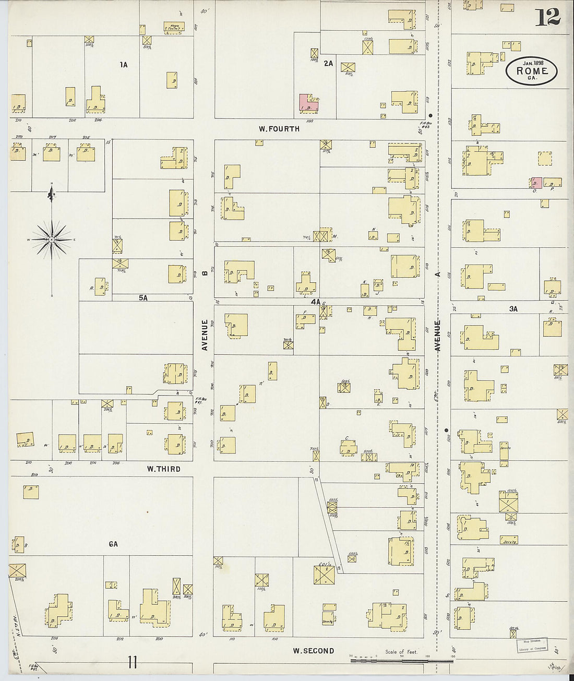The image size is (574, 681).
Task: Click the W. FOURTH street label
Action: coord(279,128)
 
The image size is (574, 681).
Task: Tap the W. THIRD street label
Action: coord(163,469)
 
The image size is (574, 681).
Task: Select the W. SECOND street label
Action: coord(313,650)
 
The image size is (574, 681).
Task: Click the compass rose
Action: coord(52,239)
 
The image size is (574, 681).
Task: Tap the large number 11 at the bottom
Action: coord(132,662)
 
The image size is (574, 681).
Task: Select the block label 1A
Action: coord(123,65)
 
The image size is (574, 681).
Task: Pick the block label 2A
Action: coord(328,63)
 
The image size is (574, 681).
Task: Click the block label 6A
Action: coord(113,544)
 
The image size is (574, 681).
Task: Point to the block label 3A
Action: coord(513,309)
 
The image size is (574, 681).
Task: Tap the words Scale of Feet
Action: coord(401,652)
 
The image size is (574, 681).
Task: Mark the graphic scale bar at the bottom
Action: coord(402,661)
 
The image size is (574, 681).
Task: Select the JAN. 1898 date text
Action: coord(530,62)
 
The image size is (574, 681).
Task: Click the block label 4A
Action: coord(315,302)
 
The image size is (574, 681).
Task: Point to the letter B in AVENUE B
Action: coord(205,272)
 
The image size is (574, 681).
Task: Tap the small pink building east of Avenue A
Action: coord(535,182)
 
